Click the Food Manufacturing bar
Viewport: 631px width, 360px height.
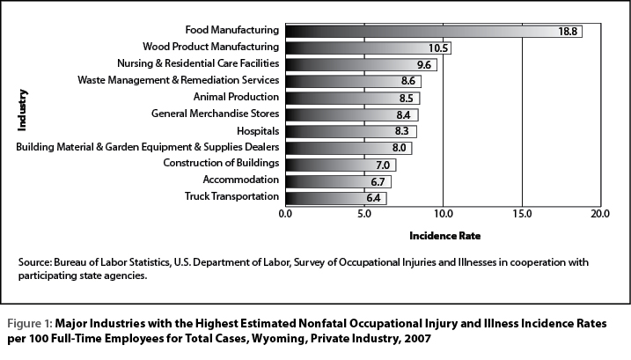coord(434,31)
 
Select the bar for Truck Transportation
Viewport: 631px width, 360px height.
coord(336,198)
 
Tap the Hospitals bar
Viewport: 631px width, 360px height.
coord(351,131)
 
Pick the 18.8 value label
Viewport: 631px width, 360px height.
coord(568,32)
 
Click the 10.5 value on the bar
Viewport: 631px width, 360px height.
coord(438,48)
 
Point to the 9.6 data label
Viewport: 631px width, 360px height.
coord(424,65)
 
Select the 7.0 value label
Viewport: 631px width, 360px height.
coord(383,165)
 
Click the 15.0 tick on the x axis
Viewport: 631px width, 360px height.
coord(522,213)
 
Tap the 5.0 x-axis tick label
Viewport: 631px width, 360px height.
coord(364,213)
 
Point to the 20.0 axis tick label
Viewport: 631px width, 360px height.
coord(600,213)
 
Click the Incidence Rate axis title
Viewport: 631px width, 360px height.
coord(444,236)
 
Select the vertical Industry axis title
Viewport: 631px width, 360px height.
coord(22,110)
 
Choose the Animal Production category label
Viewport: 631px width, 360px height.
coord(236,97)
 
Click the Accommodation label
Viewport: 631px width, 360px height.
coord(240,180)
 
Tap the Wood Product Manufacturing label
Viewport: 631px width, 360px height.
coord(210,47)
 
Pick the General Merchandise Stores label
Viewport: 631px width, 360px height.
coord(215,114)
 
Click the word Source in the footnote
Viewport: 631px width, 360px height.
coord(35,262)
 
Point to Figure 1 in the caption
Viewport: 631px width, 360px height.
coord(29,324)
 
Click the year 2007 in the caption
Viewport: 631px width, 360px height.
coord(418,339)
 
